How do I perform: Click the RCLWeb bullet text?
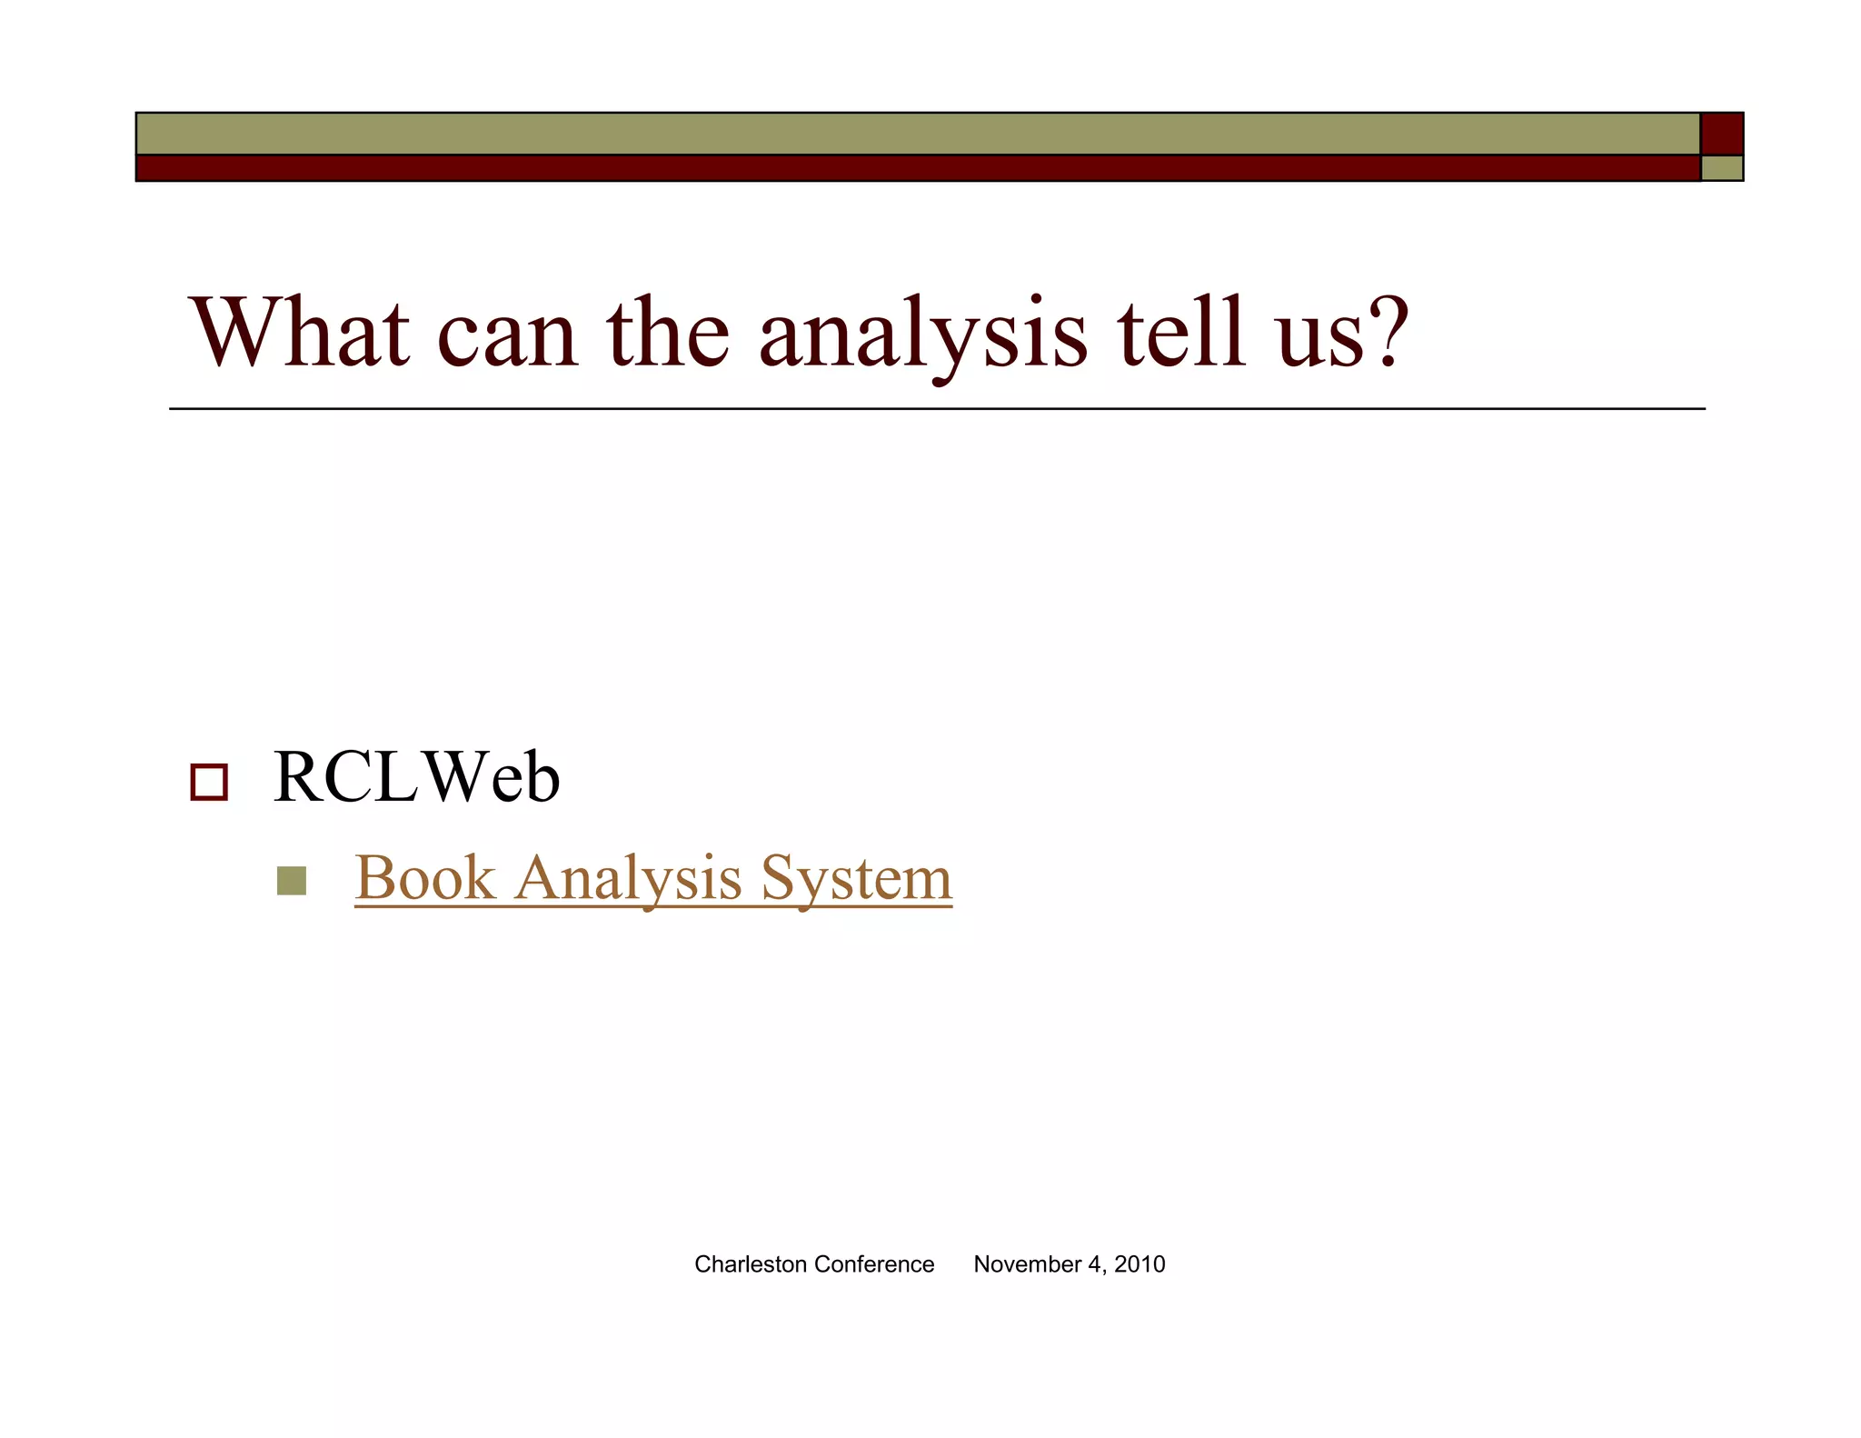click(416, 778)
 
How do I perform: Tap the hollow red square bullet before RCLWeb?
click(209, 782)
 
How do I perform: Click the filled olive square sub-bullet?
click(291, 880)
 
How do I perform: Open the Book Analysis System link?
click(652, 878)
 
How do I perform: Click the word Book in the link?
click(424, 878)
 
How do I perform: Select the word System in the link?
click(856, 878)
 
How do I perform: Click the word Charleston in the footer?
click(750, 1264)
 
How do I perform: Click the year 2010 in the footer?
click(1139, 1264)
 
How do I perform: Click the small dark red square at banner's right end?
click(1721, 134)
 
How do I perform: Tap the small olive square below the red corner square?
click(1721, 168)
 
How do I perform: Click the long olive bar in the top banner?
click(918, 134)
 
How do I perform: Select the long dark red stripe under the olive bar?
click(918, 168)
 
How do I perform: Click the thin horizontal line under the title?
click(936, 409)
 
